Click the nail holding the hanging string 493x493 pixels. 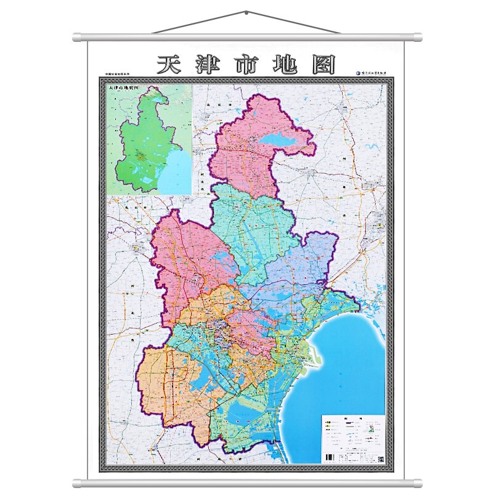(x=246, y=12)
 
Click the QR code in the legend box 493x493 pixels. (x=380, y=458)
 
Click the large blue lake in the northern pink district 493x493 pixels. (x=283, y=142)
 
